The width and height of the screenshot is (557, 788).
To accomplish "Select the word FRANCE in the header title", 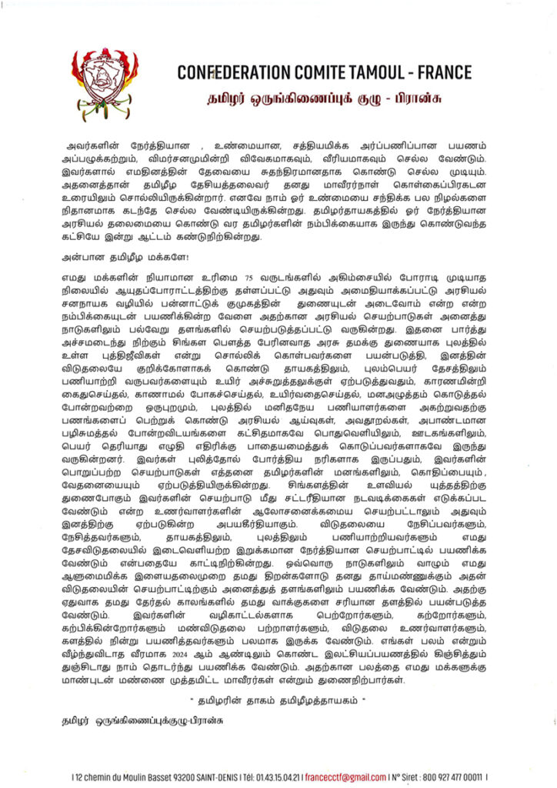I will [445, 73].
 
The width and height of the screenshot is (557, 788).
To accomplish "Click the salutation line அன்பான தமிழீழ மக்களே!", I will [115, 259].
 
